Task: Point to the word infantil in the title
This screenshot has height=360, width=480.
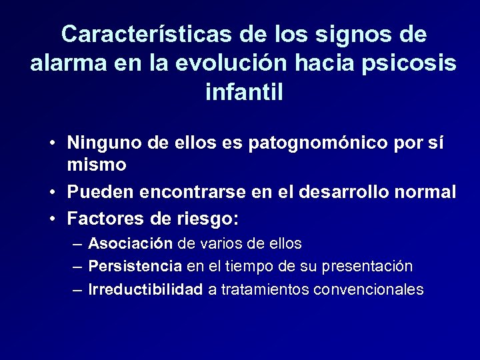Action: [x=245, y=91]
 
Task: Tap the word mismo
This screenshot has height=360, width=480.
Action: [x=97, y=163]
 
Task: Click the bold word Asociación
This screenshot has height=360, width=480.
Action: [x=130, y=243]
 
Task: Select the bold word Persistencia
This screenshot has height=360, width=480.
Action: [x=135, y=267]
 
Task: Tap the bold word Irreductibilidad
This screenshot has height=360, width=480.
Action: [x=145, y=290]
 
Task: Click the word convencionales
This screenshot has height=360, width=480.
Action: [x=368, y=290]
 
